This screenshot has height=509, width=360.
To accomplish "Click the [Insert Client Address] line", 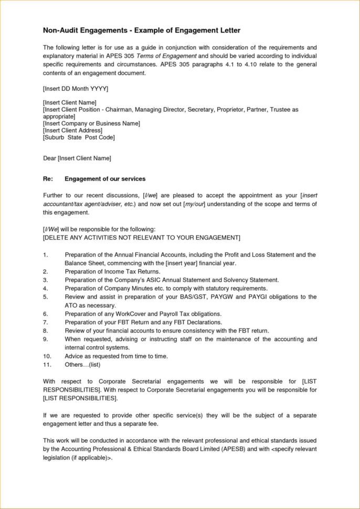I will pyautogui.click(x=72, y=130).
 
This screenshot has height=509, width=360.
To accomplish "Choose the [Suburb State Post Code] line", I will pyautogui.click(x=78, y=137).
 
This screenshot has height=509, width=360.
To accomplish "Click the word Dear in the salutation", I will pyautogui.click(x=49, y=157).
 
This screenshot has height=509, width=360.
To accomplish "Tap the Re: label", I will pyautogui.click(x=48, y=178).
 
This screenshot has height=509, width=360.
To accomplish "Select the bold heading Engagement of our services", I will pyautogui.click(x=105, y=178).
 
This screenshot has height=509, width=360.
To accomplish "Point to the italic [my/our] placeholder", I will pyautogui.click(x=193, y=204).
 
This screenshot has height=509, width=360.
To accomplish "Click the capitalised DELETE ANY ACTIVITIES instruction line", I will pyautogui.click(x=141, y=238).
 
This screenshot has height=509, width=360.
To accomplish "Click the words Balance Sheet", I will pyautogui.click(x=83, y=262).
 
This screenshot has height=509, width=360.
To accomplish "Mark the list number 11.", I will pyautogui.click(x=47, y=364).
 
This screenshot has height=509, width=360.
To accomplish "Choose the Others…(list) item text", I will pyautogui.click(x=82, y=364).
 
